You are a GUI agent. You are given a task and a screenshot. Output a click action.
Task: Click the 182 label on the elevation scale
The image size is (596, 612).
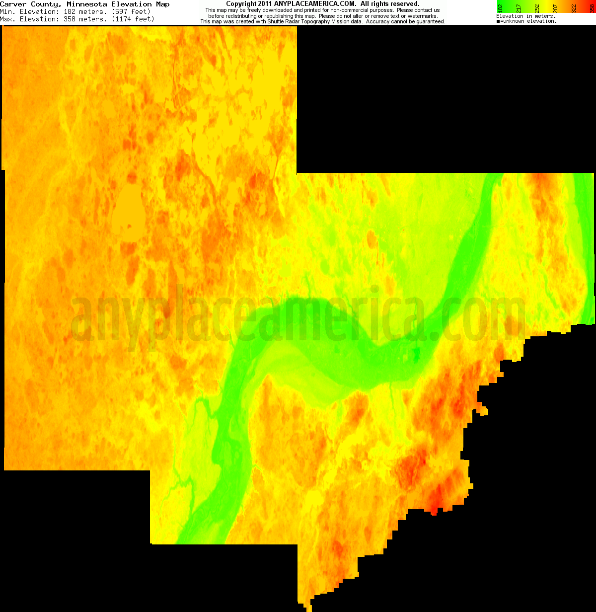(500, 7)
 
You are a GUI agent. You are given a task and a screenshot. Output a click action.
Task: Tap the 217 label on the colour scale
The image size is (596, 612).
(519, 7)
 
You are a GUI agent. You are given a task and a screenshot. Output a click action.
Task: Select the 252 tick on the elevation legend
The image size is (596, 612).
(537, 7)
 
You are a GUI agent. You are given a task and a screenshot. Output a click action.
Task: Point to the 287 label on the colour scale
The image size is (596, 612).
(555, 7)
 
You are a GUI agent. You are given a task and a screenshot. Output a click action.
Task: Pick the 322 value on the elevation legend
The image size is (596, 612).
(574, 7)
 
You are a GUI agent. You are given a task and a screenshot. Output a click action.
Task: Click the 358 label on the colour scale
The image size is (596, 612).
(592, 7)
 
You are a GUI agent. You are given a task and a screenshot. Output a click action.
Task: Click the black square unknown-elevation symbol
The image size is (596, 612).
(498, 21)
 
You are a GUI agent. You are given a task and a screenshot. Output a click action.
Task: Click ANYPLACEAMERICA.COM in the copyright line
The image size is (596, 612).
(315, 4)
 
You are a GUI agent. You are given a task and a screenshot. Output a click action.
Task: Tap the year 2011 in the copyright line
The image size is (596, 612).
(263, 4)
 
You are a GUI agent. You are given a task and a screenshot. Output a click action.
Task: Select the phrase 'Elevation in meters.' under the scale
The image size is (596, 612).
(525, 16)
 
